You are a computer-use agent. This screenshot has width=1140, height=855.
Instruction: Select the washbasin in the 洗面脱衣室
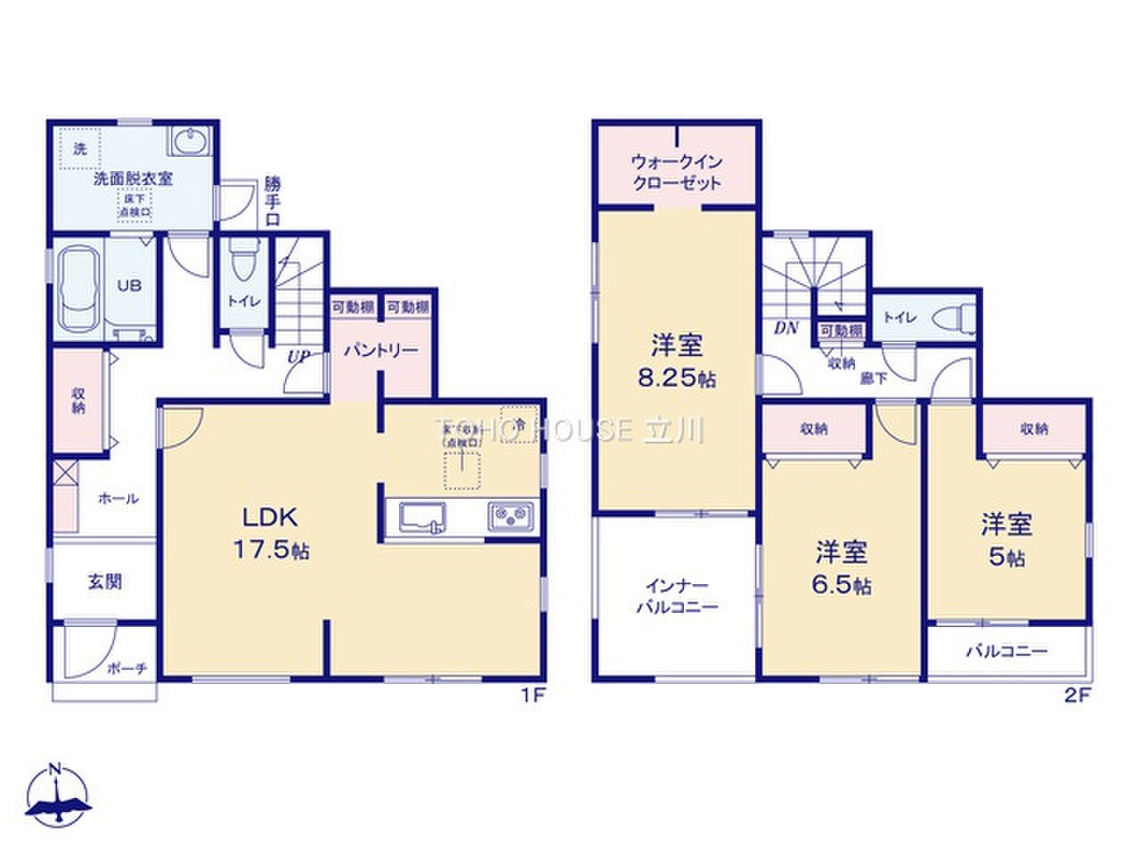pyautogui.click(x=188, y=142)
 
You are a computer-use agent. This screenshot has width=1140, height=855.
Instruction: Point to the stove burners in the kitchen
pyautogui.click(x=511, y=516)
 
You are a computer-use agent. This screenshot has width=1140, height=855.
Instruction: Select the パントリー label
pyautogui.click(x=381, y=350)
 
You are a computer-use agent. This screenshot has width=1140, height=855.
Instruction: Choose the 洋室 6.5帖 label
pyautogui.click(x=840, y=568)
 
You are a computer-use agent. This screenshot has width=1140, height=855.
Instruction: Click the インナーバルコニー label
pyautogui.click(x=676, y=597)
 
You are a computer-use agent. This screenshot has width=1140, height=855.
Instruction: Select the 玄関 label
pyautogui.click(x=104, y=582)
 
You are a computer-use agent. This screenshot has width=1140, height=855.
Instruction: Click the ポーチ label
pyautogui.click(x=126, y=668)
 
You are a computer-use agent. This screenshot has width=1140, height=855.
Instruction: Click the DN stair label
pyautogui.click(x=785, y=328)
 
